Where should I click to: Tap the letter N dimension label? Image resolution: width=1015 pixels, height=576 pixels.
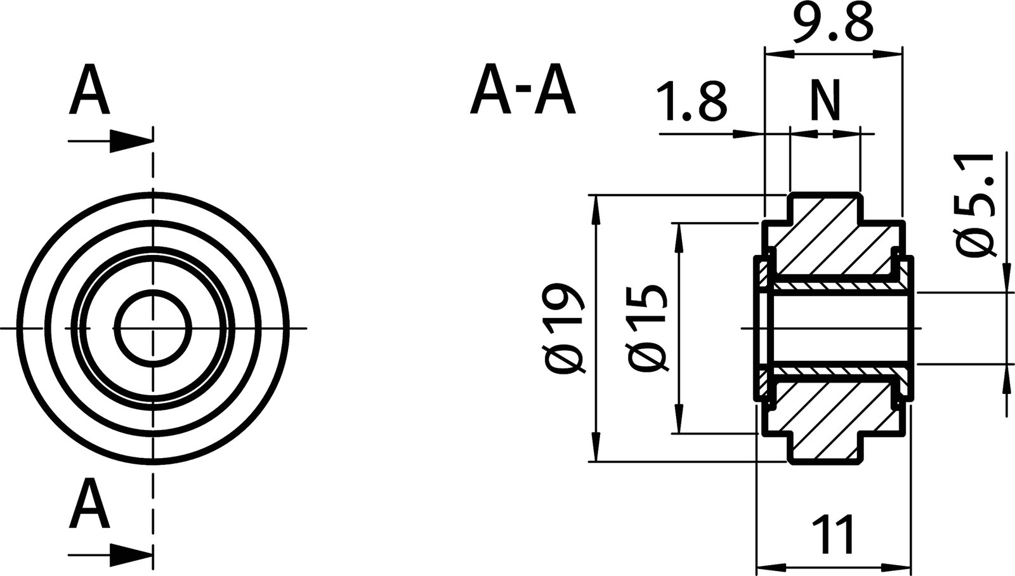(825, 101)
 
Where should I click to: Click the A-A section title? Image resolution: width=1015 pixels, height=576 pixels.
(522, 94)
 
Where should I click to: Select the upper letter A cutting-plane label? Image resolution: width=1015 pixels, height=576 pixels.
(89, 93)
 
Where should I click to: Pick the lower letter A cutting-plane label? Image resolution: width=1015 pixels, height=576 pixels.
(89, 504)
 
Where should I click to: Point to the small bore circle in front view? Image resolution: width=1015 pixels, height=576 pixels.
(153, 328)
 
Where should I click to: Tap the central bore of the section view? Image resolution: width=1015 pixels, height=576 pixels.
(837, 328)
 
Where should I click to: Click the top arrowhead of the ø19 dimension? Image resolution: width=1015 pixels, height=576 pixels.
(596, 209)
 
